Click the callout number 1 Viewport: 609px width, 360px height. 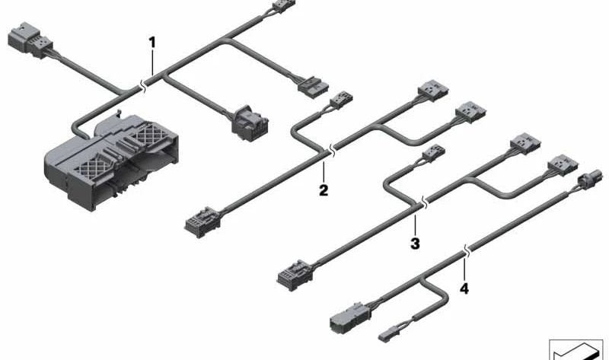152,43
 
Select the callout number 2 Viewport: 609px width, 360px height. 324,190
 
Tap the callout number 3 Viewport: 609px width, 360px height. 415,244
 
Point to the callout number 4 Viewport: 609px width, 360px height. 464,288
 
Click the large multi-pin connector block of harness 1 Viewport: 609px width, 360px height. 112,161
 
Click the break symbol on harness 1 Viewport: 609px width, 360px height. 144,87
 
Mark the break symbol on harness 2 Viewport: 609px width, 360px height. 332,150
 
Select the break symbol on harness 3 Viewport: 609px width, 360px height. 425,202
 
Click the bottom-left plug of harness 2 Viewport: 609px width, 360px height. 202,221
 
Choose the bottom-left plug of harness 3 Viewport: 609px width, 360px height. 295,275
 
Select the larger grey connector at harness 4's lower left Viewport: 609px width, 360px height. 348,318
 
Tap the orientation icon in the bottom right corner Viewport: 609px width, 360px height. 576,350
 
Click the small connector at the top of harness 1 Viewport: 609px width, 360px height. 284,6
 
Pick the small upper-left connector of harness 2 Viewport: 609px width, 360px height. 341,100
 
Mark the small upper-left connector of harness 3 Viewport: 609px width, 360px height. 433,154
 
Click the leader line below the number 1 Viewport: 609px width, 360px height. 153,62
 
